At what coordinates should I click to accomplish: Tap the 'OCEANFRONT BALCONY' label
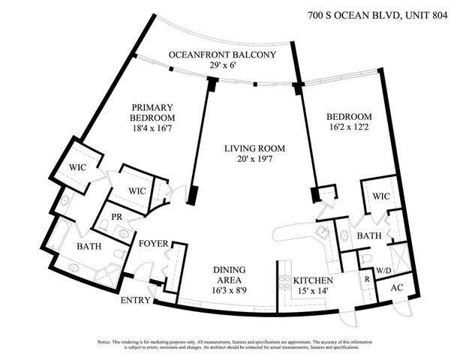coord(223,55)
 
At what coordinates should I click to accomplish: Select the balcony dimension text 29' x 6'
coord(223,65)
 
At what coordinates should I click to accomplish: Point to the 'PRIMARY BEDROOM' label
coord(152,112)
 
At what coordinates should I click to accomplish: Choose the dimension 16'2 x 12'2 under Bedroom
coord(349,129)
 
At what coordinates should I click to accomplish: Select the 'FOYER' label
coord(153,244)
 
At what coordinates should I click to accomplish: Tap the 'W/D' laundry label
coord(383,270)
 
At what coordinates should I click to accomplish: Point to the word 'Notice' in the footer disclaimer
coord(105,341)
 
